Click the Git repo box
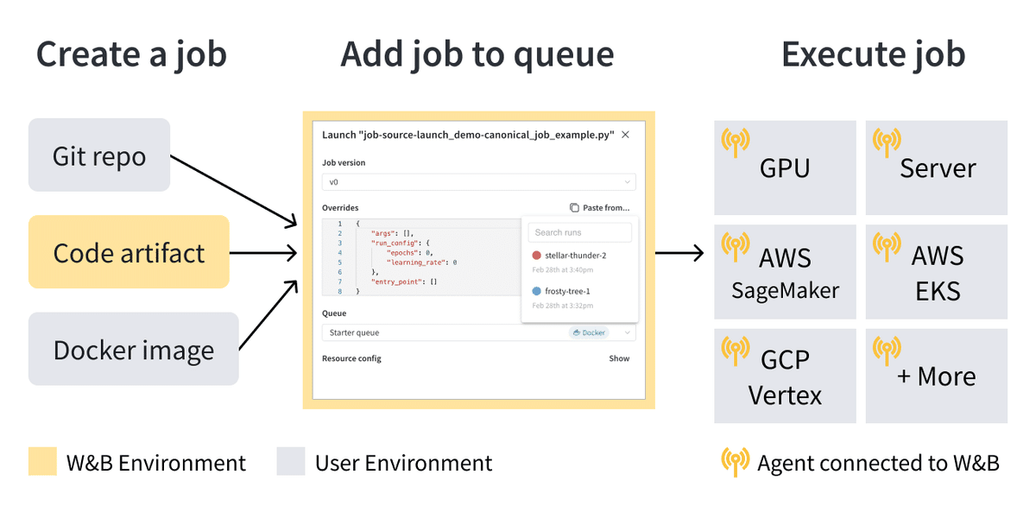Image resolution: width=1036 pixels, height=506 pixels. [99, 155]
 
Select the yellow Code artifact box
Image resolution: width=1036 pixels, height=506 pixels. [129, 252]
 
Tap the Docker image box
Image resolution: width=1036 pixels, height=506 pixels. [133, 350]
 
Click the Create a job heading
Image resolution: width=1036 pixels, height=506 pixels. [131, 54]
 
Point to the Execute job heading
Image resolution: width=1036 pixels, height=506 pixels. [873, 54]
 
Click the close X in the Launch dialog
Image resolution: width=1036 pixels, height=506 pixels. [626, 135]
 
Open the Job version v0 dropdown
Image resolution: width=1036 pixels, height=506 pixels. [478, 182]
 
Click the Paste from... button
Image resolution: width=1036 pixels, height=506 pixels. [600, 208]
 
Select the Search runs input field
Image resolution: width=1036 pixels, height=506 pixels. [579, 232]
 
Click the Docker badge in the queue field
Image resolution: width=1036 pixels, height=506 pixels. [589, 332]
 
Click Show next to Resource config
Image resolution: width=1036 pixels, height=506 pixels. [619, 358]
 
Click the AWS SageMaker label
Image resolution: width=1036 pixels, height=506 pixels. [785, 273]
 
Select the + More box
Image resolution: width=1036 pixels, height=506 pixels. [936, 376]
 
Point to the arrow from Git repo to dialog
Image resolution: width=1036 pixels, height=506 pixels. [233, 193]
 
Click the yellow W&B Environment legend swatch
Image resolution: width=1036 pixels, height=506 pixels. [42, 462]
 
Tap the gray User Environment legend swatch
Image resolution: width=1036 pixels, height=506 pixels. [291, 462]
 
